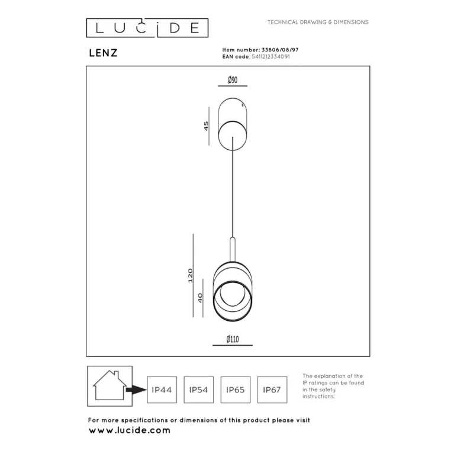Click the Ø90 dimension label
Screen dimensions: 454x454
pos(233,81)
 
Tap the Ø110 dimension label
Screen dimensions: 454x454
pos(233,339)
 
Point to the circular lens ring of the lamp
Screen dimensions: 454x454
pos(230,295)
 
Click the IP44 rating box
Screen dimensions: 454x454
pos(162,390)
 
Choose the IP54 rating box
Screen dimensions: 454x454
pos(198,390)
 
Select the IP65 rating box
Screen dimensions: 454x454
pos(235,390)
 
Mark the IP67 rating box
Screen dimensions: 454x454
pos(272,390)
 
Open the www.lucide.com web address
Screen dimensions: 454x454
pos(129,430)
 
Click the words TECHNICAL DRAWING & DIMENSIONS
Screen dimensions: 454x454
pos(318,22)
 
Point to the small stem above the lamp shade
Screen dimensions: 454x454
pos(233,248)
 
